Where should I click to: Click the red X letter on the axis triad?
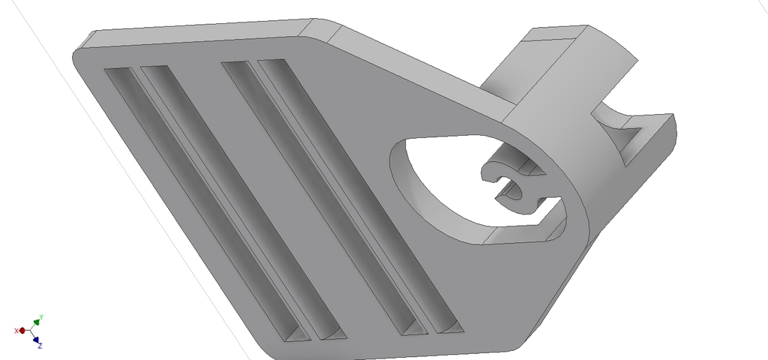tap(16, 331)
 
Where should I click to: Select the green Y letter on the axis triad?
tap(41, 316)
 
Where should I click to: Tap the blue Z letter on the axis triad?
tap(39, 346)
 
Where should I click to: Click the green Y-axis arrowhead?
tap(37, 322)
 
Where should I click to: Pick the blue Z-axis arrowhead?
tap(36, 339)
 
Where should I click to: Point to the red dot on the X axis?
tap(22, 330)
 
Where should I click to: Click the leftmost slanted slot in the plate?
tap(202, 202)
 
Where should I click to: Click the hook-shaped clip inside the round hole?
tap(514, 184)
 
